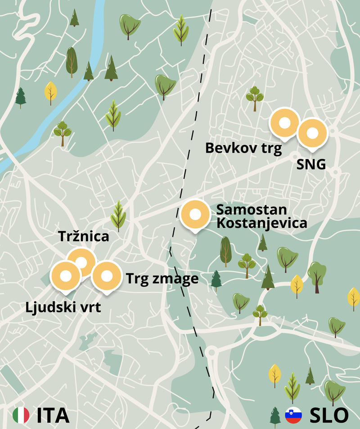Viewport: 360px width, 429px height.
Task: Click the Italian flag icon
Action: point(21,415)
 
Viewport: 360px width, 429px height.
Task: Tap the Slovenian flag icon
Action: point(293,415)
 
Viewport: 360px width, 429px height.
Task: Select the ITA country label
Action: point(53,415)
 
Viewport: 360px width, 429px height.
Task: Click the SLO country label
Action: point(329,415)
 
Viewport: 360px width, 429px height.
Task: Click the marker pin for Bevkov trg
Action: point(284,123)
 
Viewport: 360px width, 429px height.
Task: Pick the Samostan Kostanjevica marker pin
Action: point(195,215)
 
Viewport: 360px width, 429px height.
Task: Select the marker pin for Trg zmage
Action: point(106,277)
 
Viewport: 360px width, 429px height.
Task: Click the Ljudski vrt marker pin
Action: point(66,277)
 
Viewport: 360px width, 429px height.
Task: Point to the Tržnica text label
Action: point(84,237)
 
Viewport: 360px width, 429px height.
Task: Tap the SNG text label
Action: point(311,165)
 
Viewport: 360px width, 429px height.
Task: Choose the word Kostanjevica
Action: point(261,223)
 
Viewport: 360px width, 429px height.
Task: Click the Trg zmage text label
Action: point(162,279)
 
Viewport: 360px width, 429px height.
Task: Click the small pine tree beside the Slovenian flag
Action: point(275,416)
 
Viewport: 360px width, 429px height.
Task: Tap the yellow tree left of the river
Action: point(51,93)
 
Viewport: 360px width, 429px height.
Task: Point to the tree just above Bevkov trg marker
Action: point(255,98)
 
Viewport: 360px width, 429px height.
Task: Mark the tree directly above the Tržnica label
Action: point(118,215)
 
